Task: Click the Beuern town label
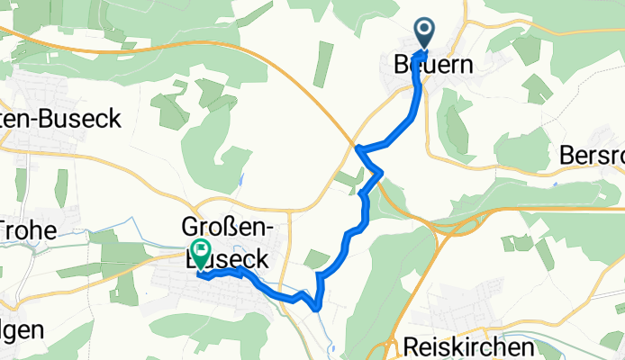point(433,65)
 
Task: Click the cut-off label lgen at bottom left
point(22,329)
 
